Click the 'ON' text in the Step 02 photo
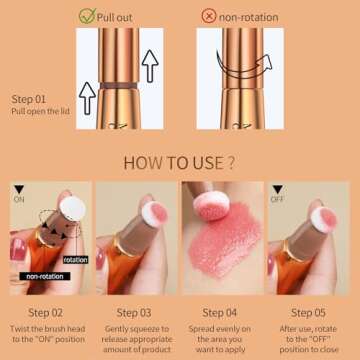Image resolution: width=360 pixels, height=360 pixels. click(x=18, y=199)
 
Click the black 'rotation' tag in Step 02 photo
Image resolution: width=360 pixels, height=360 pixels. click(x=75, y=259)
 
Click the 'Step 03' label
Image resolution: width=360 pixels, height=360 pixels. click(x=134, y=312)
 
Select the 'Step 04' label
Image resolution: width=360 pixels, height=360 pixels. click(x=222, y=312)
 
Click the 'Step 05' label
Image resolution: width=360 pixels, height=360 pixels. click(x=310, y=312)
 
